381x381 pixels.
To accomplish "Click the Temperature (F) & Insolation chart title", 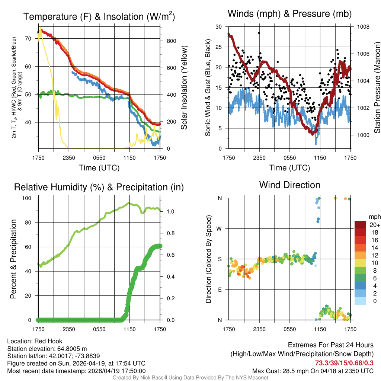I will (99, 16).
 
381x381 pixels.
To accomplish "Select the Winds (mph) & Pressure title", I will (289, 14).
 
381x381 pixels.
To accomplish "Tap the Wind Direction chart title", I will (289, 185).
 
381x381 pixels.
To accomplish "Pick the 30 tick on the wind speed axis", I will (219, 27).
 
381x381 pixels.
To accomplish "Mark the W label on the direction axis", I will (220, 228).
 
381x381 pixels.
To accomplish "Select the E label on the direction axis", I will (220, 289).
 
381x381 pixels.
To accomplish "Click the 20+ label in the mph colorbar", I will (374, 225).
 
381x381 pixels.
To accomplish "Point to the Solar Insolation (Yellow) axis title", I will (184, 88).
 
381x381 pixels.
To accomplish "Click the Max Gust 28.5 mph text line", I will (313, 371).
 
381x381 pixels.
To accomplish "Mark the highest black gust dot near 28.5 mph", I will (259, 33).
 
